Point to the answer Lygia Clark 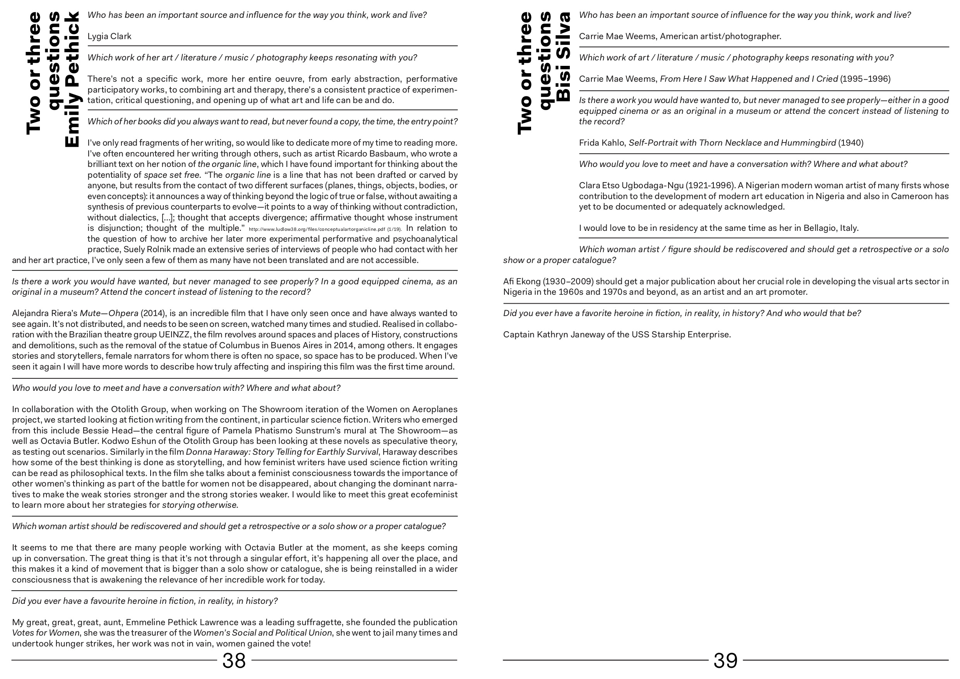[x=109, y=36]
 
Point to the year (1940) [x=850, y=143]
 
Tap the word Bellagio [x=806, y=228]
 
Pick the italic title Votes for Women [x=45, y=633]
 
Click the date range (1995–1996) [x=865, y=79]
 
